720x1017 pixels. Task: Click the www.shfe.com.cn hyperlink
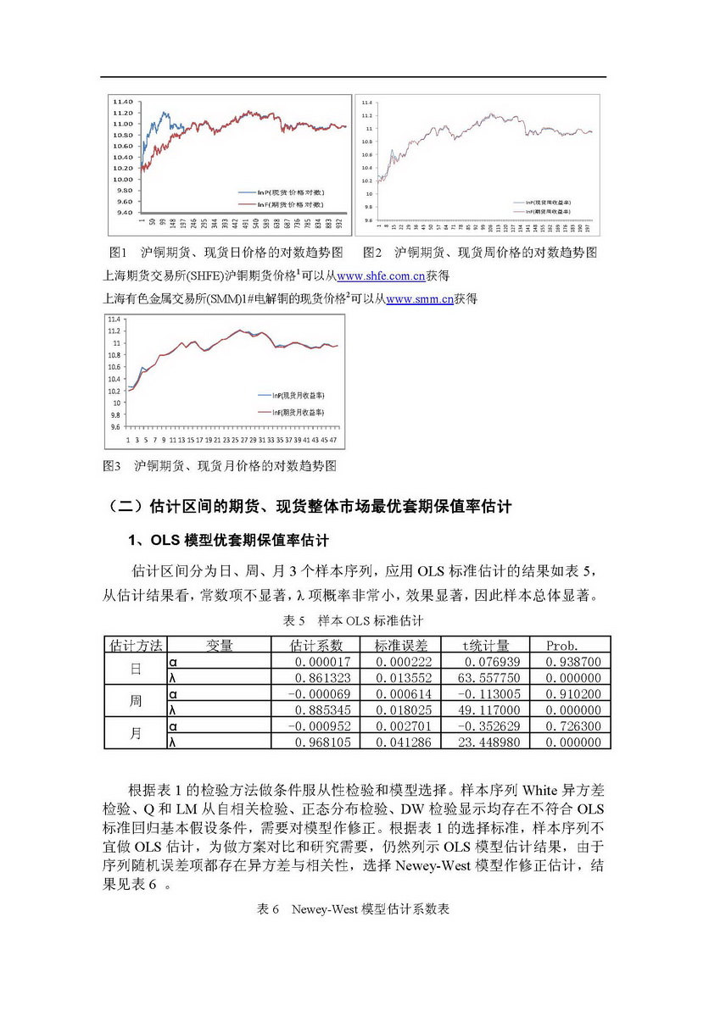click(x=381, y=275)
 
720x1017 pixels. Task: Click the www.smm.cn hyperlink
click(x=419, y=298)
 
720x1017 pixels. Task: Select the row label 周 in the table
click(x=135, y=702)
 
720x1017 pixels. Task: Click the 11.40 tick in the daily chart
click(x=122, y=102)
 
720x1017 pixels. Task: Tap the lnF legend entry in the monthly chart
click(x=293, y=412)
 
